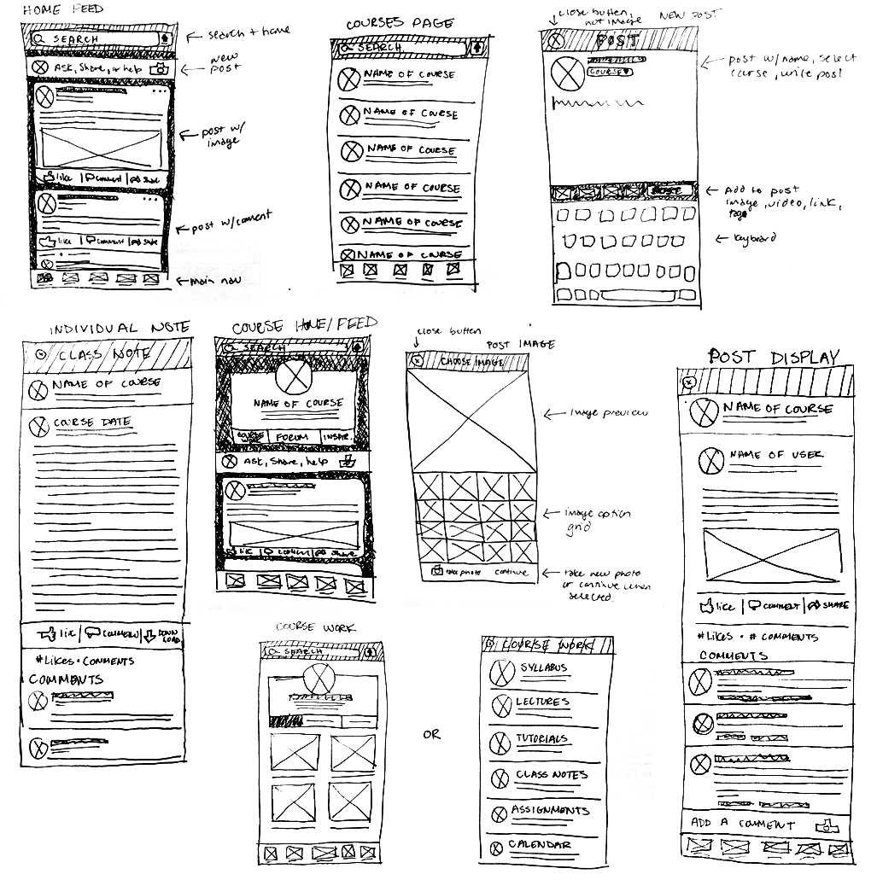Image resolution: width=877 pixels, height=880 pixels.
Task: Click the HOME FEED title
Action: [x=62, y=10]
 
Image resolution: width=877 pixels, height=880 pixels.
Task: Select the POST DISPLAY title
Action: [x=774, y=357]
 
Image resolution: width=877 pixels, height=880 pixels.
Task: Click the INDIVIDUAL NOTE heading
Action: [x=119, y=329]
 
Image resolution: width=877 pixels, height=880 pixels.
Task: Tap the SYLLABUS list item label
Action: [x=542, y=667]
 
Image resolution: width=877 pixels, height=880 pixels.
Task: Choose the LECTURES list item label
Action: [x=541, y=702]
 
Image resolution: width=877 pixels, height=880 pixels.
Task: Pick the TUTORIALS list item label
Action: [x=541, y=739]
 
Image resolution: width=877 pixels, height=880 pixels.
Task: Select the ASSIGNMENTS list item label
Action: [x=550, y=810]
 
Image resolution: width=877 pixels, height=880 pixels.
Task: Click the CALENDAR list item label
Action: [x=540, y=845]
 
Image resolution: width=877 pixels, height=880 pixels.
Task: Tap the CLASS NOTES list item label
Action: [x=551, y=775]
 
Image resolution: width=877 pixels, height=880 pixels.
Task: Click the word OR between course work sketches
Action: [x=431, y=734]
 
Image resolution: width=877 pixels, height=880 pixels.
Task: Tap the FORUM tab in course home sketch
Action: [x=294, y=437]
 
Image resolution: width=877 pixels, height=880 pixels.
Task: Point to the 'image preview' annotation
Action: [x=608, y=413]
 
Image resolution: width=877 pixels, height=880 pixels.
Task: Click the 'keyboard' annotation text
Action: [x=754, y=238]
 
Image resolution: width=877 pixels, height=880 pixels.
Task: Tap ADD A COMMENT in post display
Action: [x=742, y=824]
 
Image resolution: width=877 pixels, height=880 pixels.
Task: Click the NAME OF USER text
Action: [x=776, y=455]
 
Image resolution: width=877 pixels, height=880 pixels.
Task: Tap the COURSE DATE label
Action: [x=92, y=422]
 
